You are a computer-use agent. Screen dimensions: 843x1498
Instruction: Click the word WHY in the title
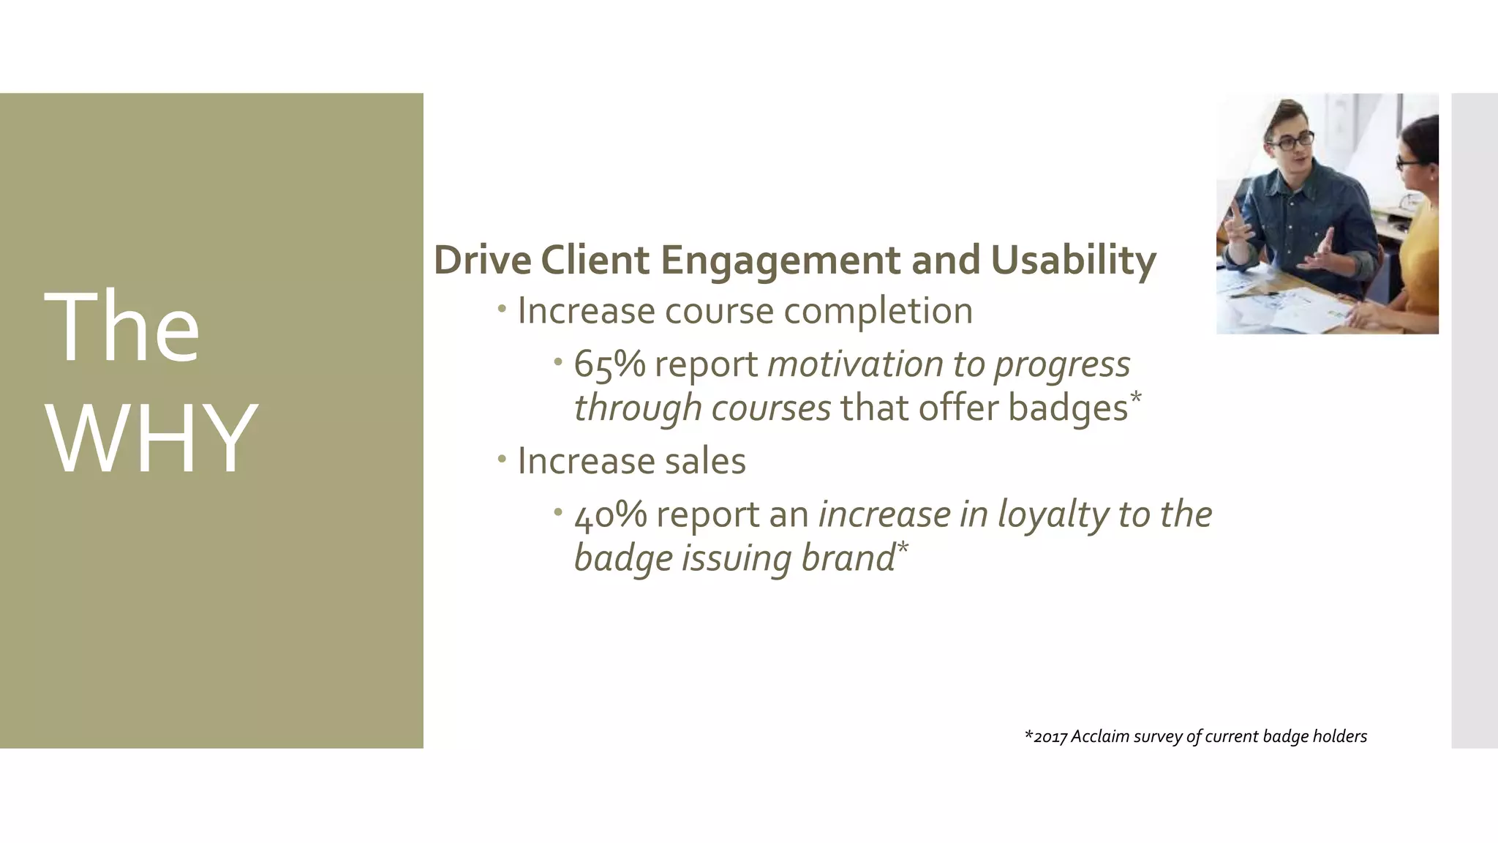[151, 439]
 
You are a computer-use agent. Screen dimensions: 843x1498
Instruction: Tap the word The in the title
[121, 327]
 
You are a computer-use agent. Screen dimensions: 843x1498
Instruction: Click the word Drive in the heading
[482, 261]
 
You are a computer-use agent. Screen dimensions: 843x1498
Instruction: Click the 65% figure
[609, 364]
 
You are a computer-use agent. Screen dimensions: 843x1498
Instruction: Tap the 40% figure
[610, 514]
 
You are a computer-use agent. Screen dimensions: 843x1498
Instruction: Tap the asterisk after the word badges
[1135, 397]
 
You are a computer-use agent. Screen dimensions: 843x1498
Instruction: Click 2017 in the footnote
[1050, 737]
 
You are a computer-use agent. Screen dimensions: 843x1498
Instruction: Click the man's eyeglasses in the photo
[1293, 140]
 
